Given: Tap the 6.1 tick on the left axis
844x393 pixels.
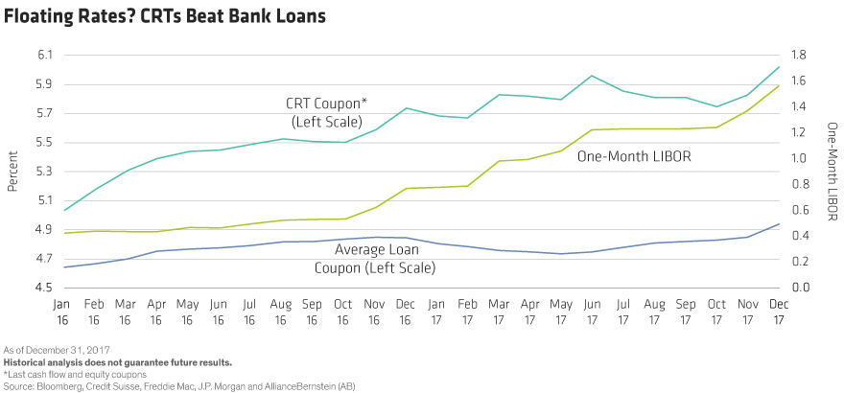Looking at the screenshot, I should [x=45, y=55].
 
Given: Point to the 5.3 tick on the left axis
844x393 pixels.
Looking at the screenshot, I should [x=45, y=173].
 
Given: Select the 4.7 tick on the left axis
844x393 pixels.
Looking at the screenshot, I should [x=45, y=260].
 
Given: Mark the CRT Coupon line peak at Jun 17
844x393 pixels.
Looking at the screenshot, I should [x=593, y=75].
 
